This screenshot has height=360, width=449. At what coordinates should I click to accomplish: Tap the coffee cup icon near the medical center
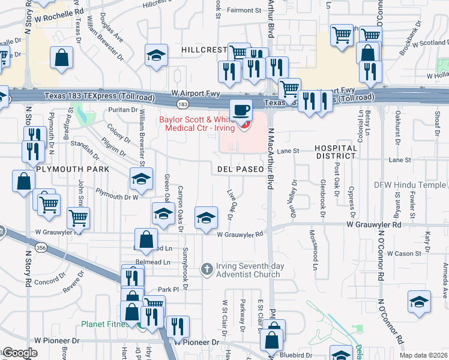[x=241, y=110]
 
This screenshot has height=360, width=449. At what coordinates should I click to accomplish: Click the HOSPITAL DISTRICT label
[x=340, y=152]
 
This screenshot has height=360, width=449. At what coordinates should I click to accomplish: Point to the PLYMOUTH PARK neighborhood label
[x=73, y=169]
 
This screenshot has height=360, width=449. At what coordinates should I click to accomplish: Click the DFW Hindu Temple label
[x=410, y=185]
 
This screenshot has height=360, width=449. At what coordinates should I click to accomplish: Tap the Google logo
[x=19, y=353]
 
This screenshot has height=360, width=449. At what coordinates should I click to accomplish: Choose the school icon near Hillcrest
[x=156, y=56]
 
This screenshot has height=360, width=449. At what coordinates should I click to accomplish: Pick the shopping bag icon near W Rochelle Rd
[x=62, y=59]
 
